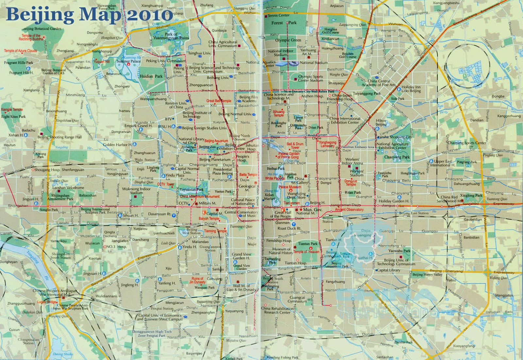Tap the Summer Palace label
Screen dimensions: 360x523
128,61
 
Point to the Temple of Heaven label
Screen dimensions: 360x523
306,252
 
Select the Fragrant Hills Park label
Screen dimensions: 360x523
19,62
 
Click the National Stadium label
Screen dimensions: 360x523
313,62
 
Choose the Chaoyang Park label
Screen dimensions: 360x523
397,157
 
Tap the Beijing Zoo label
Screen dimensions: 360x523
207,147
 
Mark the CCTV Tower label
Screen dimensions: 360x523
166,184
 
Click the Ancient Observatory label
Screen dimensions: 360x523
349,209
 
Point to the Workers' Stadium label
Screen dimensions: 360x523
356,173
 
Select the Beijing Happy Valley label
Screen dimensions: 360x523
427,274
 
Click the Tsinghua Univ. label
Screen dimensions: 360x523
199,53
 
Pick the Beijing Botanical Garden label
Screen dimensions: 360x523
42,29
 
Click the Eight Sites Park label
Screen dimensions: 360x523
13,116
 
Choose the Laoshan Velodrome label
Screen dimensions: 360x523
68,188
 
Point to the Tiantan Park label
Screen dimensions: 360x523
308,244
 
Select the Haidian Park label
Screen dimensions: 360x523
151,76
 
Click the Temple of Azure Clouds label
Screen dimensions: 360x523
20,51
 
